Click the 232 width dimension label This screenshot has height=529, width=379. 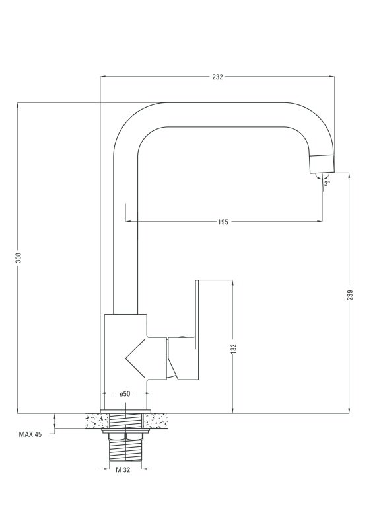(x=217, y=77)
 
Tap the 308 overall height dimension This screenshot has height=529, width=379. (x=19, y=257)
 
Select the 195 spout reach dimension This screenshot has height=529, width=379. (x=223, y=222)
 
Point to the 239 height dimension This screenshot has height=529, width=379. (x=350, y=295)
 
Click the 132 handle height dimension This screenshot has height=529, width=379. (x=234, y=349)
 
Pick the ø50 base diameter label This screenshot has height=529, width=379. (x=125, y=393)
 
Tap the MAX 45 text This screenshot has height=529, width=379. (x=30, y=434)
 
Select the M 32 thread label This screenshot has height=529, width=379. (x=123, y=469)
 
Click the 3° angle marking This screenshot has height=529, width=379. (x=327, y=184)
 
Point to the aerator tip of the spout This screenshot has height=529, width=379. (x=322, y=164)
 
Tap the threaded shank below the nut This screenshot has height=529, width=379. (x=125, y=451)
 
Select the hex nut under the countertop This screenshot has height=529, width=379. (x=125, y=436)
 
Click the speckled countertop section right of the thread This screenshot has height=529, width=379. (x=156, y=421)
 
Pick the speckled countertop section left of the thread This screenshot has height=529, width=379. (x=96, y=421)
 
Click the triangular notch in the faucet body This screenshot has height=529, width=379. (x=136, y=357)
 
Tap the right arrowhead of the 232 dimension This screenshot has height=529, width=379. (x=332, y=77)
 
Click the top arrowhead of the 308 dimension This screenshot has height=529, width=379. (x=17, y=105)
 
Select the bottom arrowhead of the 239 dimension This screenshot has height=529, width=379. (x=349, y=411)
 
